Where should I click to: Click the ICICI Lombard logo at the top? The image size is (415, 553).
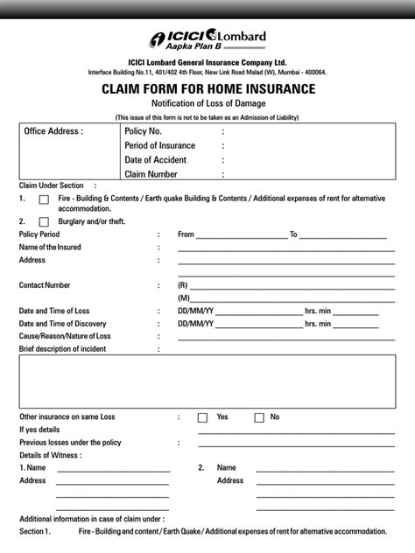click(x=207, y=39)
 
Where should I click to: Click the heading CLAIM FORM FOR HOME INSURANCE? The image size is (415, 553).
click(x=207, y=88)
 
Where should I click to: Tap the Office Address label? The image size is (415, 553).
click(x=53, y=131)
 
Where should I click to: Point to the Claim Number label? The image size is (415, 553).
click(x=153, y=175)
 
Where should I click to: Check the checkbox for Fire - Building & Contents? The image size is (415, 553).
click(x=44, y=200)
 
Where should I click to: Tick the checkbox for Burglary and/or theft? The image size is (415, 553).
click(x=44, y=222)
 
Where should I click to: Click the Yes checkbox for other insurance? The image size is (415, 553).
click(x=202, y=417)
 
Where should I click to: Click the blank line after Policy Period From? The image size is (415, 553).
click(x=242, y=235)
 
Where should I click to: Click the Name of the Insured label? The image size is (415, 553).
click(x=51, y=248)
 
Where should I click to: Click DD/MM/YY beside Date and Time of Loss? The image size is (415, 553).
click(x=195, y=311)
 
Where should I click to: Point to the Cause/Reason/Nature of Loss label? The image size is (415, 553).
click(x=65, y=336)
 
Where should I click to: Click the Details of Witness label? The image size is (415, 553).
click(x=51, y=455)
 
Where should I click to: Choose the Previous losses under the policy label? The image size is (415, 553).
click(x=70, y=443)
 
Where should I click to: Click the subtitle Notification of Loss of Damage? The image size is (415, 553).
click(x=207, y=104)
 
